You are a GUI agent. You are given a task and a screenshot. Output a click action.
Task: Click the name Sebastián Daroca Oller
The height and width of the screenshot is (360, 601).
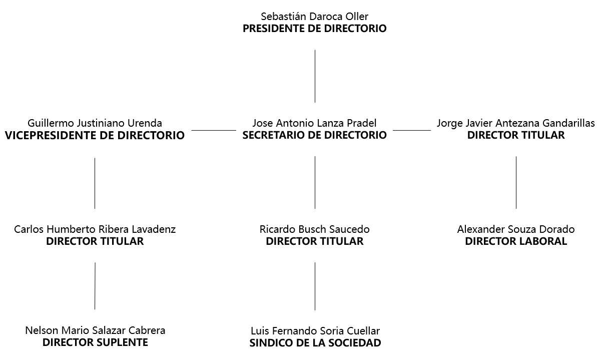click(x=314, y=17)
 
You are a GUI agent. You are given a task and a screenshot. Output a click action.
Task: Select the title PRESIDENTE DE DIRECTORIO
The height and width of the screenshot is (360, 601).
click(x=314, y=29)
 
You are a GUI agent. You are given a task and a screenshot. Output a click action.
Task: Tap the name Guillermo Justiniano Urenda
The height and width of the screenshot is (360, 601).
click(x=95, y=123)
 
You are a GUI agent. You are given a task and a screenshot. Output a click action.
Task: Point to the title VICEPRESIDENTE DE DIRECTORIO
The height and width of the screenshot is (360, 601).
click(x=95, y=135)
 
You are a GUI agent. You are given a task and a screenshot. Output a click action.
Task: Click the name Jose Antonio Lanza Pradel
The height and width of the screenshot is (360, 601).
click(x=314, y=123)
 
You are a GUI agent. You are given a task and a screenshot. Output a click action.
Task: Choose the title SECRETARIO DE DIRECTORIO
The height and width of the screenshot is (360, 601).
click(x=314, y=135)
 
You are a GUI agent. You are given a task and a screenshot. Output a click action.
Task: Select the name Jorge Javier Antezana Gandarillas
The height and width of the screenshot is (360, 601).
click(x=516, y=123)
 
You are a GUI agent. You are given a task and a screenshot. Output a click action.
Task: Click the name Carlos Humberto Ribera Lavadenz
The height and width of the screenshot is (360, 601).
click(x=95, y=229)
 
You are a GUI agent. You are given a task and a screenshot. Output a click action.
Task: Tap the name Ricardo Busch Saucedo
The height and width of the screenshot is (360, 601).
click(x=314, y=229)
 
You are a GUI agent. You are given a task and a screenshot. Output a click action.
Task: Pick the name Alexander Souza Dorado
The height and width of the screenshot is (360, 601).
click(x=516, y=229)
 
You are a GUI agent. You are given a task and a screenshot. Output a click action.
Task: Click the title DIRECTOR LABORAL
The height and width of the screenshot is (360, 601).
click(x=516, y=241)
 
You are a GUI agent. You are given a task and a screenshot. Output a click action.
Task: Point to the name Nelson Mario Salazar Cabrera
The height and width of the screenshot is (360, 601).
click(x=95, y=330)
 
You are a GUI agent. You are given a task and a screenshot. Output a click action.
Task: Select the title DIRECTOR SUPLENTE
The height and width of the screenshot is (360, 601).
click(x=95, y=342)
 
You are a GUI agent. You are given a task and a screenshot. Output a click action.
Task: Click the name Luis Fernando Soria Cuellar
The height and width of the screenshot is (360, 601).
click(x=315, y=331)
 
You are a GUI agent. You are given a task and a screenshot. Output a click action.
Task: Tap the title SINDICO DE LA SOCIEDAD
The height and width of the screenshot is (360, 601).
click(x=315, y=343)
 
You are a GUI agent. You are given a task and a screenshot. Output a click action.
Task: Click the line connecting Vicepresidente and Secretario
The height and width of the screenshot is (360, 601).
click(x=214, y=131)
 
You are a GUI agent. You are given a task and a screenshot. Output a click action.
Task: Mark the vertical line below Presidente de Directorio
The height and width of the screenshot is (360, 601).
click(x=315, y=76)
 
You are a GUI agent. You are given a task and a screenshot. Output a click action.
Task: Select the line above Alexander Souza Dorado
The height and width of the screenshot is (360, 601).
click(x=516, y=183)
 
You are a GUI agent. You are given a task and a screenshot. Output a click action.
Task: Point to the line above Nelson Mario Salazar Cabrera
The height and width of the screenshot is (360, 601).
click(x=95, y=286)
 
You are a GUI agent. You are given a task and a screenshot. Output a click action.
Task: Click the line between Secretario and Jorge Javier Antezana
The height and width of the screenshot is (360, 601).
click(x=412, y=131)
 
